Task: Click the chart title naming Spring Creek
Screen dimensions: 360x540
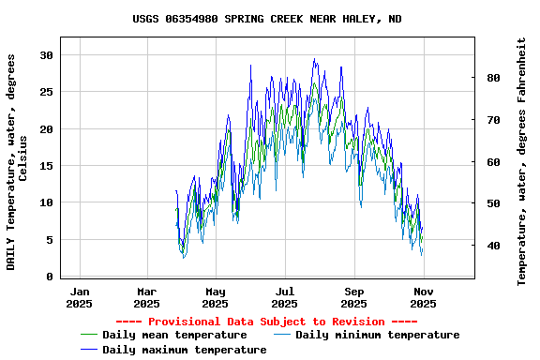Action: click(x=267, y=19)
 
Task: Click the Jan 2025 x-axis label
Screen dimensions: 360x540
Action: click(x=80, y=297)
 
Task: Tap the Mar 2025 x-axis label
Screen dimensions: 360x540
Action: click(x=147, y=297)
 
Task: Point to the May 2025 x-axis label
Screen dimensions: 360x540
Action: click(x=216, y=297)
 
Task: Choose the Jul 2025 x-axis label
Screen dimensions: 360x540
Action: click(x=285, y=297)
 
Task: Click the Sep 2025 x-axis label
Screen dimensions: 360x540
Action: click(x=354, y=297)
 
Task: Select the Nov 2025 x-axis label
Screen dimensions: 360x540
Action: click(x=423, y=297)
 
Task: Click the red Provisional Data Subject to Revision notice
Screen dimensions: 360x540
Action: click(x=267, y=322)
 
